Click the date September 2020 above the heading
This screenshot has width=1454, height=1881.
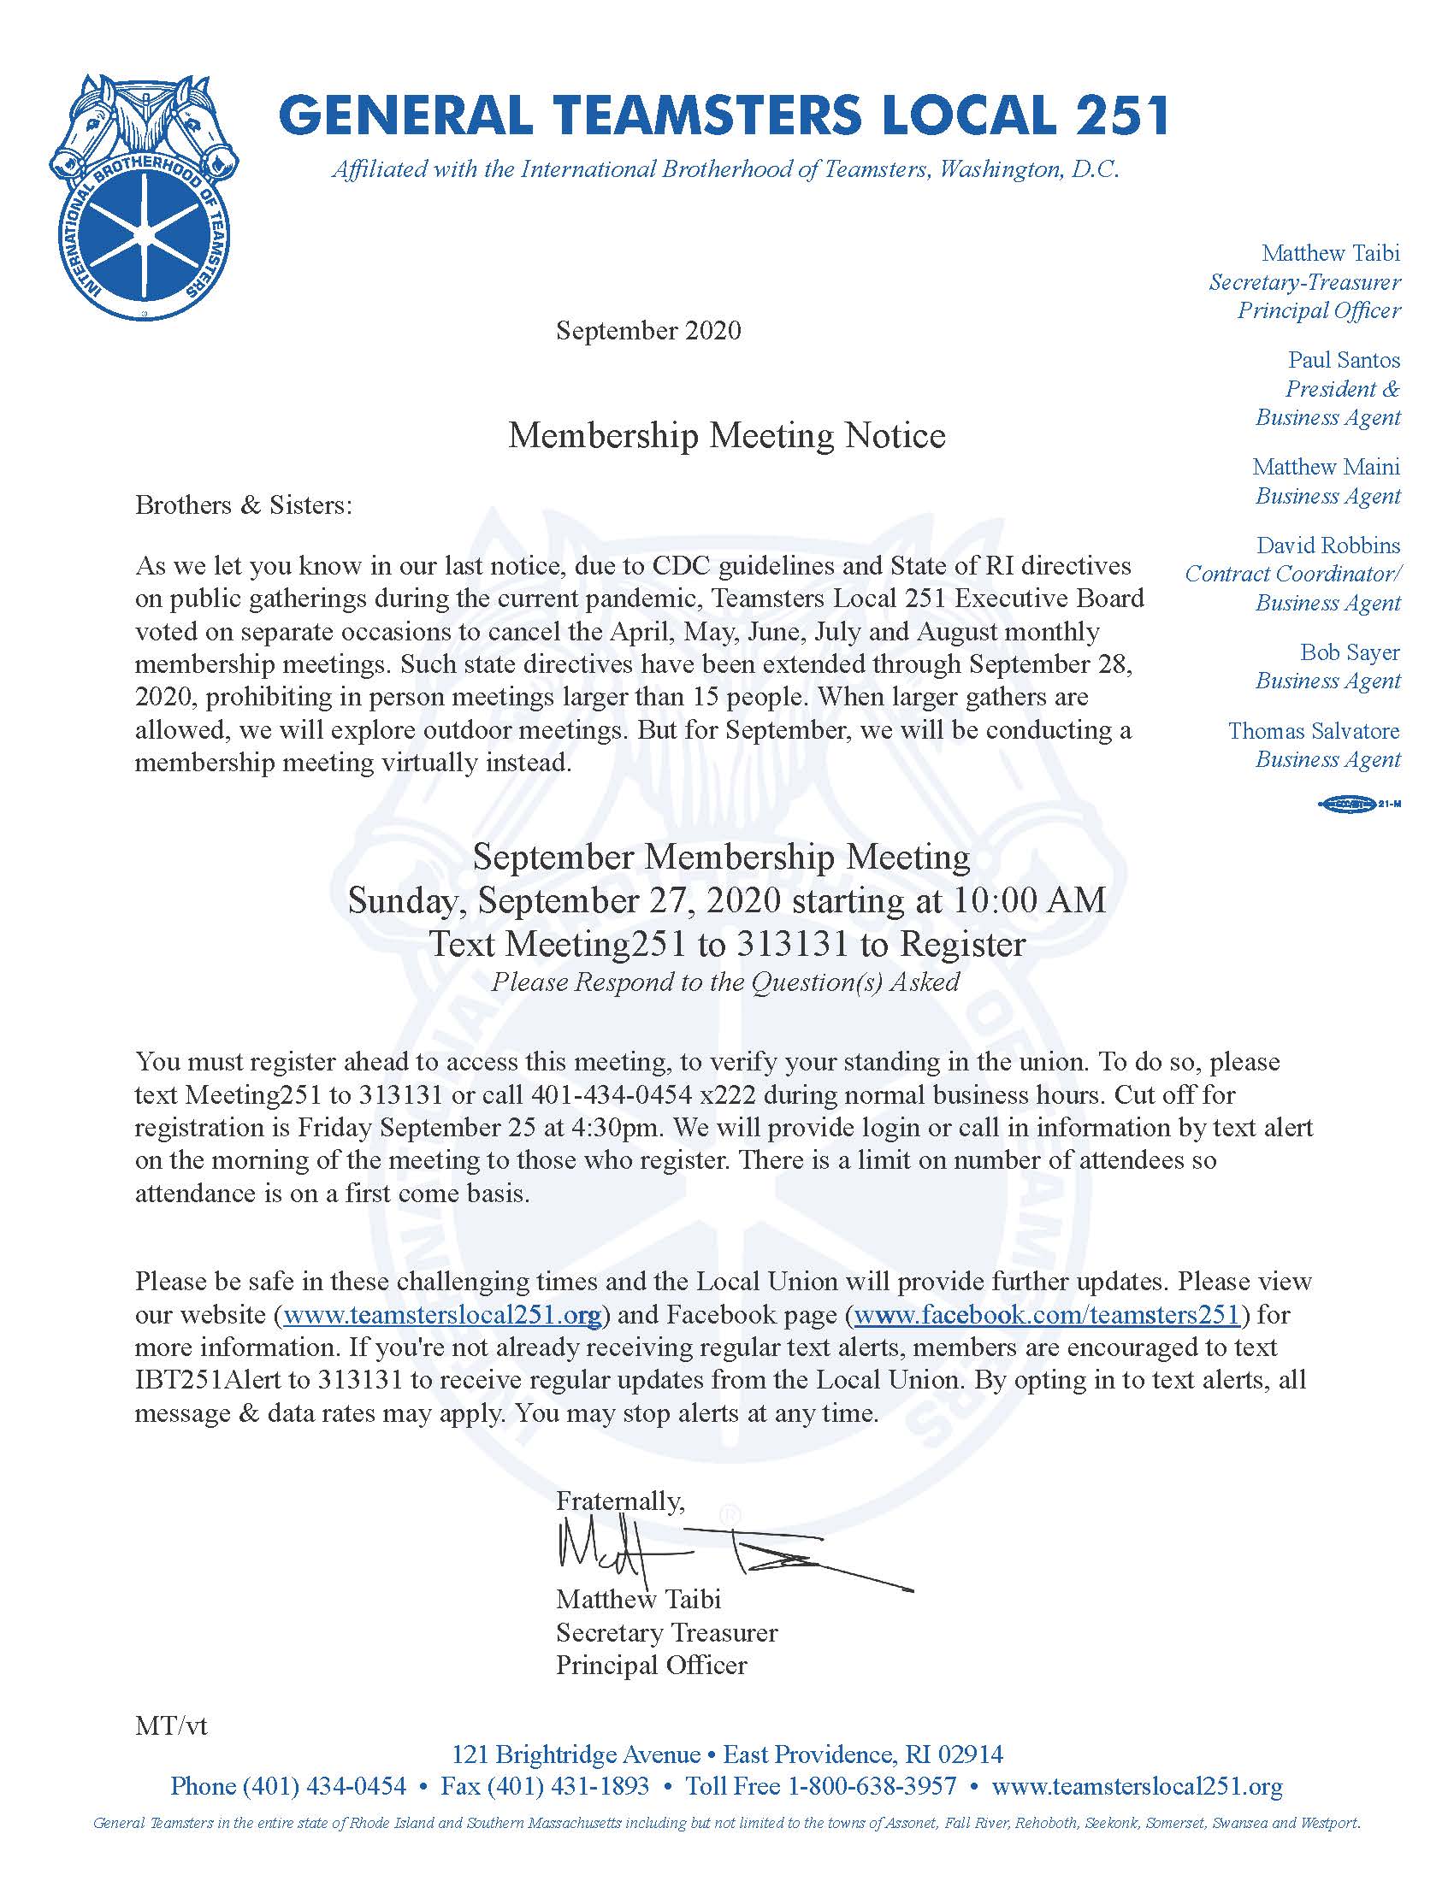647,331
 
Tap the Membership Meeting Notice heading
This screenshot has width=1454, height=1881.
726,436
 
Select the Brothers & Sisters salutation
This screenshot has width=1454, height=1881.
244,504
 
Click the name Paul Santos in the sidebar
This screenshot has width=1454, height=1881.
1344,360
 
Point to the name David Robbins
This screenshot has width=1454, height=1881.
1327,545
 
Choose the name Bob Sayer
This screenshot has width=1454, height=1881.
1350,652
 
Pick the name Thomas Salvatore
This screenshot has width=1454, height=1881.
1314,730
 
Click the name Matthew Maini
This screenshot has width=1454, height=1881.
1326,467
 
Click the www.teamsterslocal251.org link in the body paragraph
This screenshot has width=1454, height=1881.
442,1314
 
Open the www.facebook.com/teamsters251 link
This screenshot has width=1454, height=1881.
1047,1314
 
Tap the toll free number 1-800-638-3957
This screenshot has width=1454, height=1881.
872,1786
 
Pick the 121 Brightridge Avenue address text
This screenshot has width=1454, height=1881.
576,1754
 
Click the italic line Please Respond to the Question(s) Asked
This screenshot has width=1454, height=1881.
725,982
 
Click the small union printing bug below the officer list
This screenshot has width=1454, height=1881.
1358,805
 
